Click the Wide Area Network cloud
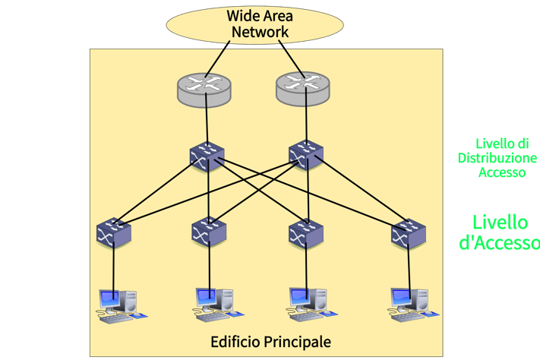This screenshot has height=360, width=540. pos(255,25)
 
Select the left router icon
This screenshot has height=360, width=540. pos(204,90)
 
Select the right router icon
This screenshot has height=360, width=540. pos(303,89)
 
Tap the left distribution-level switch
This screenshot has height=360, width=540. pos(207,156)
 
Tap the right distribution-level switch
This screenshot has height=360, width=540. pos(306,155)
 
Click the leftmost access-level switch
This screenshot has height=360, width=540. pos(114,232)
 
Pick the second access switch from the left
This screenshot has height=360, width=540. pos(209,231)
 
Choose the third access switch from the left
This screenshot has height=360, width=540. pos(306,234)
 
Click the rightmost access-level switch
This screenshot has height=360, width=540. pos(409,234)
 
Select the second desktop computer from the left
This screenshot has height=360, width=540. pos(218,305)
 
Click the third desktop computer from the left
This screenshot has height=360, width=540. pos(311,305)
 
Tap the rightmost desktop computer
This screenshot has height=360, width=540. pos(413,305)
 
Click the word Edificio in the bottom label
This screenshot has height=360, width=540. pos(235,342)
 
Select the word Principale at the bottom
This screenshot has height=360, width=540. pos(298,343)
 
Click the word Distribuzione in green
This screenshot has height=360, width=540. pos(497,158)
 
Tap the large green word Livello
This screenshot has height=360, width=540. pos(500,223)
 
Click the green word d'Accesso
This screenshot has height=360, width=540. pos(499,242)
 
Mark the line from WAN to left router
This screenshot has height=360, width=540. pos(217,59)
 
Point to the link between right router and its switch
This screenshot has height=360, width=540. pos(306,115)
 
